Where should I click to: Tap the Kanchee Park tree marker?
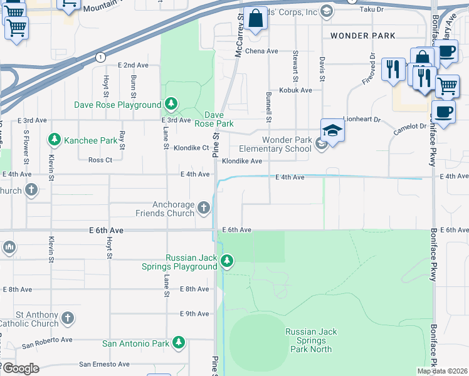pos(55,140)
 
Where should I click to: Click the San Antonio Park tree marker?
pos(179,343)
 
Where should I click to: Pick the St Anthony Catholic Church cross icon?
pos(68,318)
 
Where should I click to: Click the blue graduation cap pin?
pos(332,130)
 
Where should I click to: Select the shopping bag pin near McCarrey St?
pos(256,19)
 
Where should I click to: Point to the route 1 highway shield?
pos(100,57)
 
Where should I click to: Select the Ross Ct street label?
pos(100,160)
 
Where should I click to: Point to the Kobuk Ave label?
pos(295,90)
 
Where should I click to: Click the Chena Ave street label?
pos(261,51)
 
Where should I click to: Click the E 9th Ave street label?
pos(194,313)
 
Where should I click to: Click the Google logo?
pos(20,368)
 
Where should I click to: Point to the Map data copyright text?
pos(441,371)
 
